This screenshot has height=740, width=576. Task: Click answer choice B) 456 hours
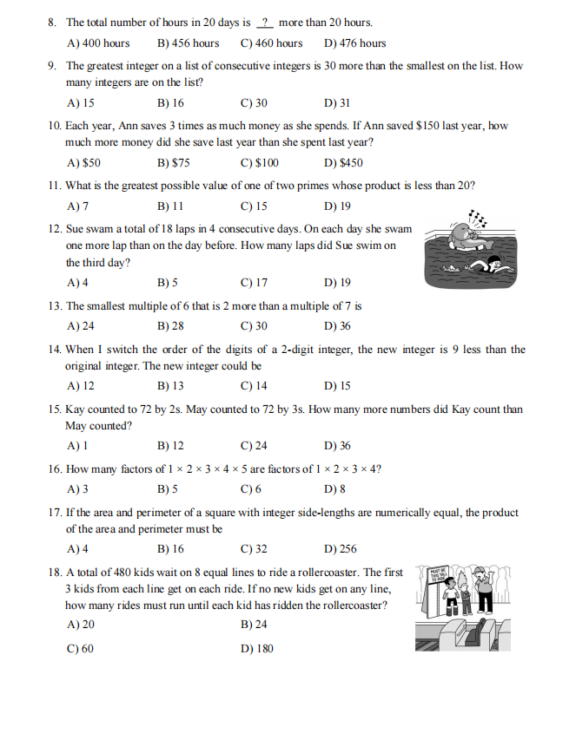tap(188, 43)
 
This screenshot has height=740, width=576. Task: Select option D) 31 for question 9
tap(336, 102)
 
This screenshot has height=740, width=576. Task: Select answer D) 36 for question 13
tap(337, 326)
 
